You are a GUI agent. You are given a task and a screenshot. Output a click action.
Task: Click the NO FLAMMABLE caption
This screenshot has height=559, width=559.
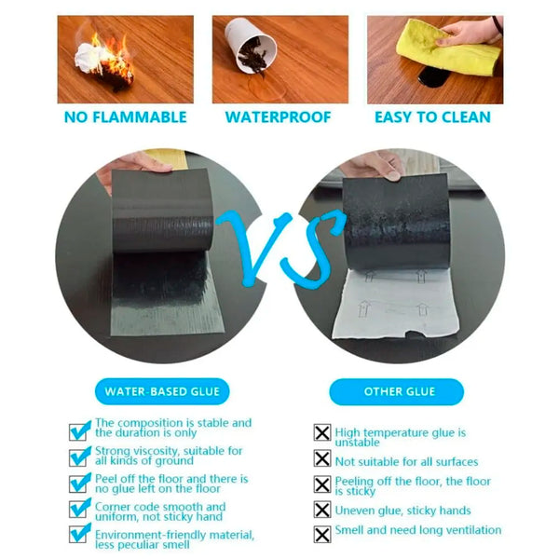(x=125, y=117)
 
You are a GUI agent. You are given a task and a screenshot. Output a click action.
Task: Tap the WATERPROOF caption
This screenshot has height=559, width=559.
(x=278, y=117)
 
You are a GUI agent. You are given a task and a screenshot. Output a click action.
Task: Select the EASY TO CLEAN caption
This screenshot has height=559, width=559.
(x=432, y=117)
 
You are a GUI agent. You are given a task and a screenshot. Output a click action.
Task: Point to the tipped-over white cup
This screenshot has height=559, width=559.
(x=250, y=44)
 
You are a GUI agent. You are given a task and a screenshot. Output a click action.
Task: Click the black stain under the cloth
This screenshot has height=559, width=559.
(x=432, y=77)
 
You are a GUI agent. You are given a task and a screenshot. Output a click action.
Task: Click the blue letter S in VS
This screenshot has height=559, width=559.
(x=314, y=250)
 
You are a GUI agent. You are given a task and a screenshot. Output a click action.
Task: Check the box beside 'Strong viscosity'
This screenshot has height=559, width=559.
(x=79, y=457)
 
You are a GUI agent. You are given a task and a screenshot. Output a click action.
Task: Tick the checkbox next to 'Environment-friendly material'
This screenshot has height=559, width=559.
(x=79, y=534)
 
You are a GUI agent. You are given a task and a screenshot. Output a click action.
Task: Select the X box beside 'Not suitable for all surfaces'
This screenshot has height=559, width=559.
(x=322, y=458)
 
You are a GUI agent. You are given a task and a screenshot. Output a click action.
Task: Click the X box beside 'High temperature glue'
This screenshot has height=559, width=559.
(x=322, y=432)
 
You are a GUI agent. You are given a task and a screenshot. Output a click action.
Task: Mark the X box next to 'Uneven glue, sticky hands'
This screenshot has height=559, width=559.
(x=322, y=510)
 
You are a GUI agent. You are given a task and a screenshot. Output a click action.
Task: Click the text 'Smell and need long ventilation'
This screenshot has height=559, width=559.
(x=418, y=530)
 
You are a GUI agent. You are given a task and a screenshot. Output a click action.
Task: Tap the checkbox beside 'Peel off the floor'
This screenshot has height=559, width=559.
(x=79, y=483)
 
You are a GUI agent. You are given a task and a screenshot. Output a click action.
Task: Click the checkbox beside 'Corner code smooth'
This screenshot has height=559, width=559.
(x=79, y=509)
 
